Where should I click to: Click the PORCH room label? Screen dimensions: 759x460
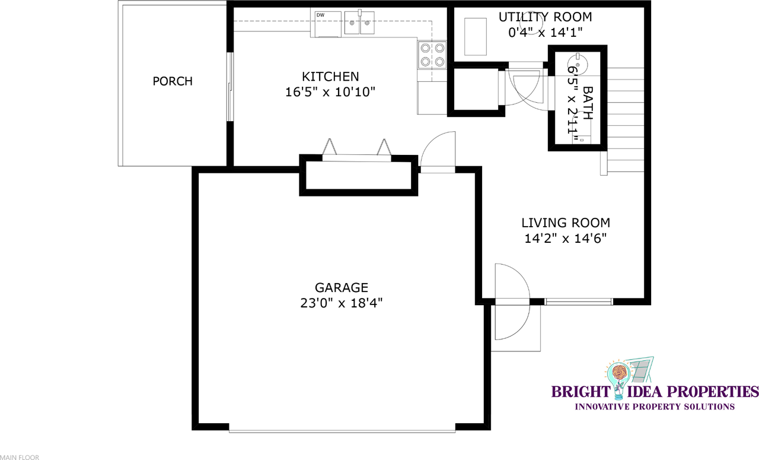(173, 81)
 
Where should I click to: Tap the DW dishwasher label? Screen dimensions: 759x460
(320, 15)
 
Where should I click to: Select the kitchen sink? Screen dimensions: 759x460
(359, 23)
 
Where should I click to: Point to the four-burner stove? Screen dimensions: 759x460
(432, 55)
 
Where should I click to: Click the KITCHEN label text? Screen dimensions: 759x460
(330, 77)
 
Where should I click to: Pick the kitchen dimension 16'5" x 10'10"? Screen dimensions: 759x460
(330, 92)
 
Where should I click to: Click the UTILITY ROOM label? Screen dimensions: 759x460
(545, 17)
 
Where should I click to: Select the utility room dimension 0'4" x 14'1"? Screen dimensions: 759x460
(545, 33)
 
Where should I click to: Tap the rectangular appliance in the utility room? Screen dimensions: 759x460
(476, 37)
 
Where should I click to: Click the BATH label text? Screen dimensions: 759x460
(588, 103)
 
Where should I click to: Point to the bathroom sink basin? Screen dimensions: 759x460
(578, 64)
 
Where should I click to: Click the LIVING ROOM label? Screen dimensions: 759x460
(566, 223)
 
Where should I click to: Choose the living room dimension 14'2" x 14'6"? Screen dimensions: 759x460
(566, 239)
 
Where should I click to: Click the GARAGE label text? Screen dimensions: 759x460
(341, 288)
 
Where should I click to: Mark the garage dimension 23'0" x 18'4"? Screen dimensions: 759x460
(341, 303)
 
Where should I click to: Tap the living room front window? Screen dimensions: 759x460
(579, 302)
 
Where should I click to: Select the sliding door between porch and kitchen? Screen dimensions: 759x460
(230, 87)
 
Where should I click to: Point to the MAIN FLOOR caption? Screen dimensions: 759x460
(20, 458)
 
